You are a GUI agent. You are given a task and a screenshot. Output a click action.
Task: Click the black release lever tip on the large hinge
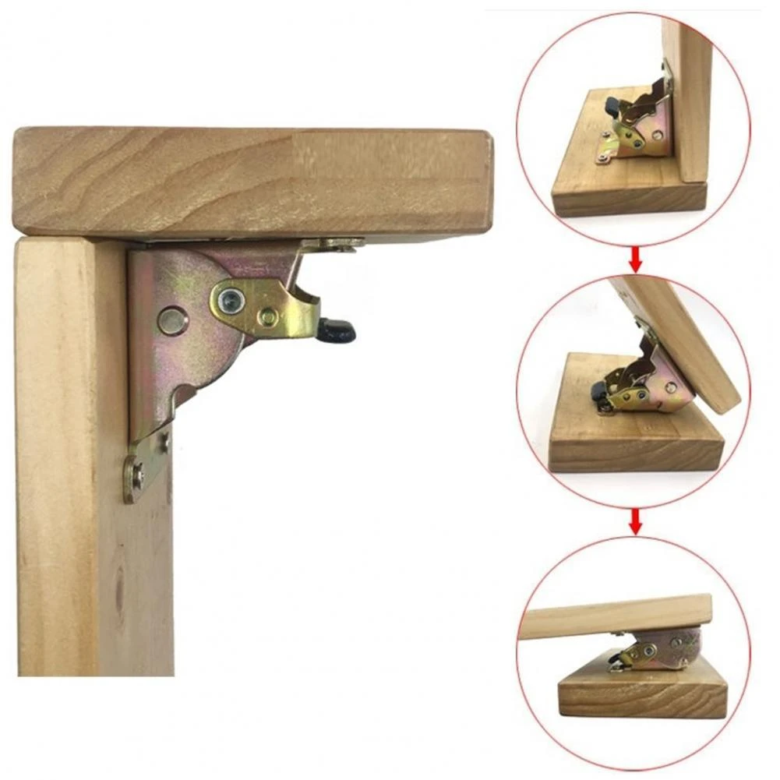click(337, 330)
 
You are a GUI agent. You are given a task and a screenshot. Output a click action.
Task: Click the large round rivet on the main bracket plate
click(172, 320)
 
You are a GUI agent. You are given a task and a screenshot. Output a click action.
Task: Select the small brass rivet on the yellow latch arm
click(268, 316)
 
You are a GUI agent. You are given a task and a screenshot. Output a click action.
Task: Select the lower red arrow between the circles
click(635, 521)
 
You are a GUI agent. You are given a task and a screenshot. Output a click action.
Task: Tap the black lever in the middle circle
click(598, 392)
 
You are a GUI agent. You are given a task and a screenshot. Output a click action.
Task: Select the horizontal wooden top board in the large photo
click(249, 179)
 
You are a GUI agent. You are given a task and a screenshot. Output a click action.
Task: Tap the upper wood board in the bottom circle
click(616, 616)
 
